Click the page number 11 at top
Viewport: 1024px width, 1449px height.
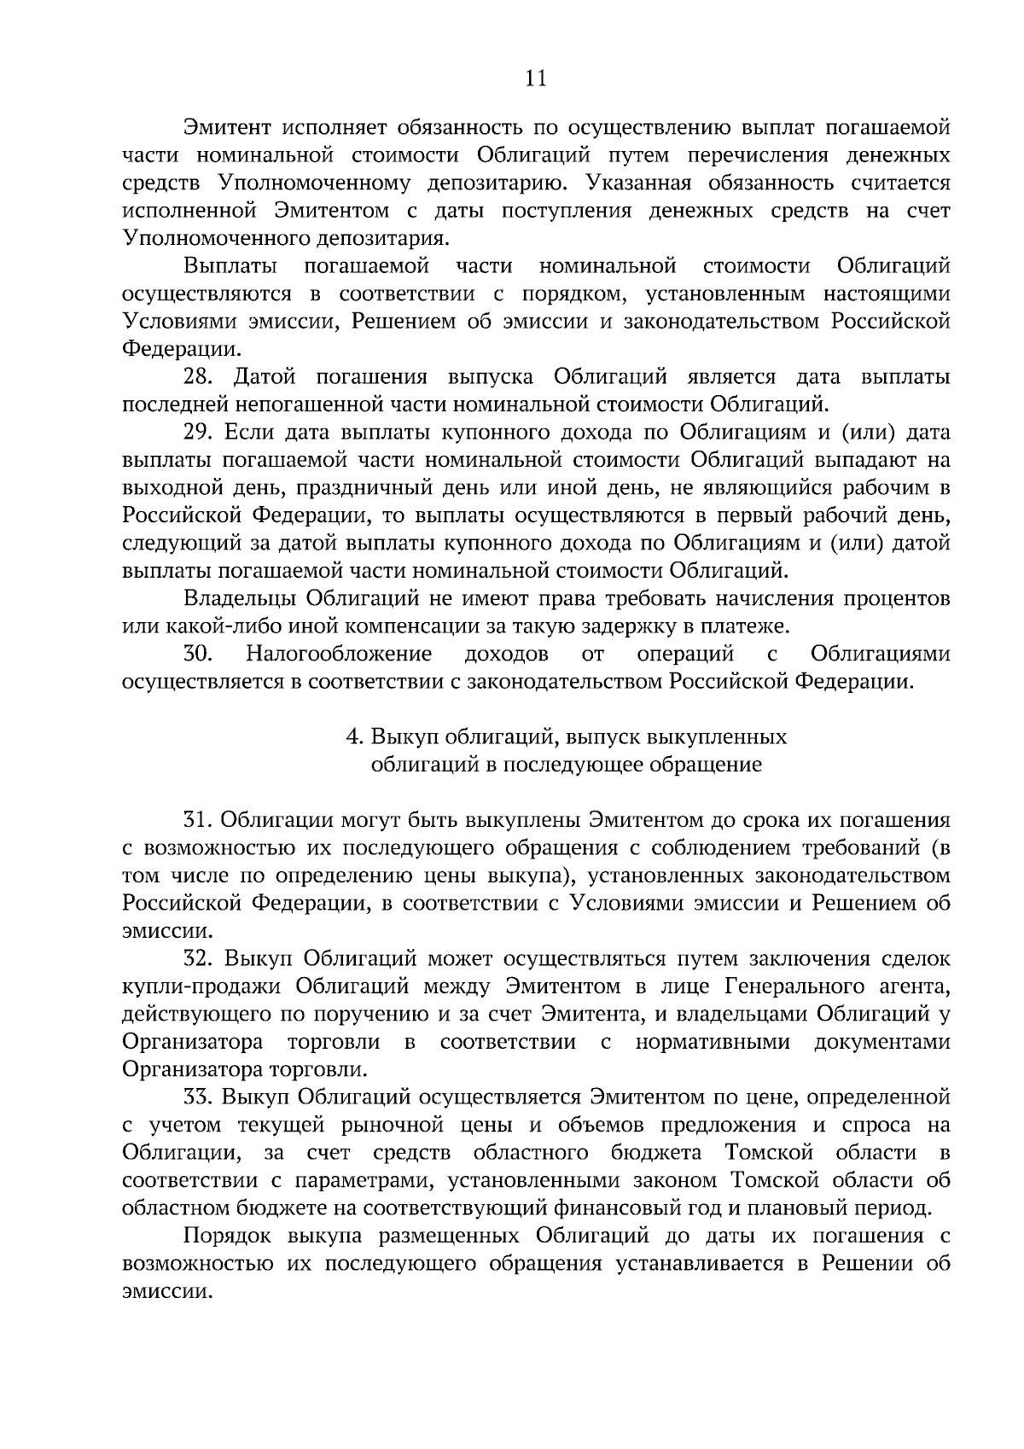pos(536,79)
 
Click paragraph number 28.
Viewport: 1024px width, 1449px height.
pos(199,376)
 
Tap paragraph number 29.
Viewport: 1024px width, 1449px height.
pos(199,432)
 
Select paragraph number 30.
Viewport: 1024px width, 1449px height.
pos(198,654)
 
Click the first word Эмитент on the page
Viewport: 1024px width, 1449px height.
pos(227,128)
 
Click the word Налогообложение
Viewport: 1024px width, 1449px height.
pos(339,654)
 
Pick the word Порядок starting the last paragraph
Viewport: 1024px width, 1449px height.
pos(228,1236)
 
